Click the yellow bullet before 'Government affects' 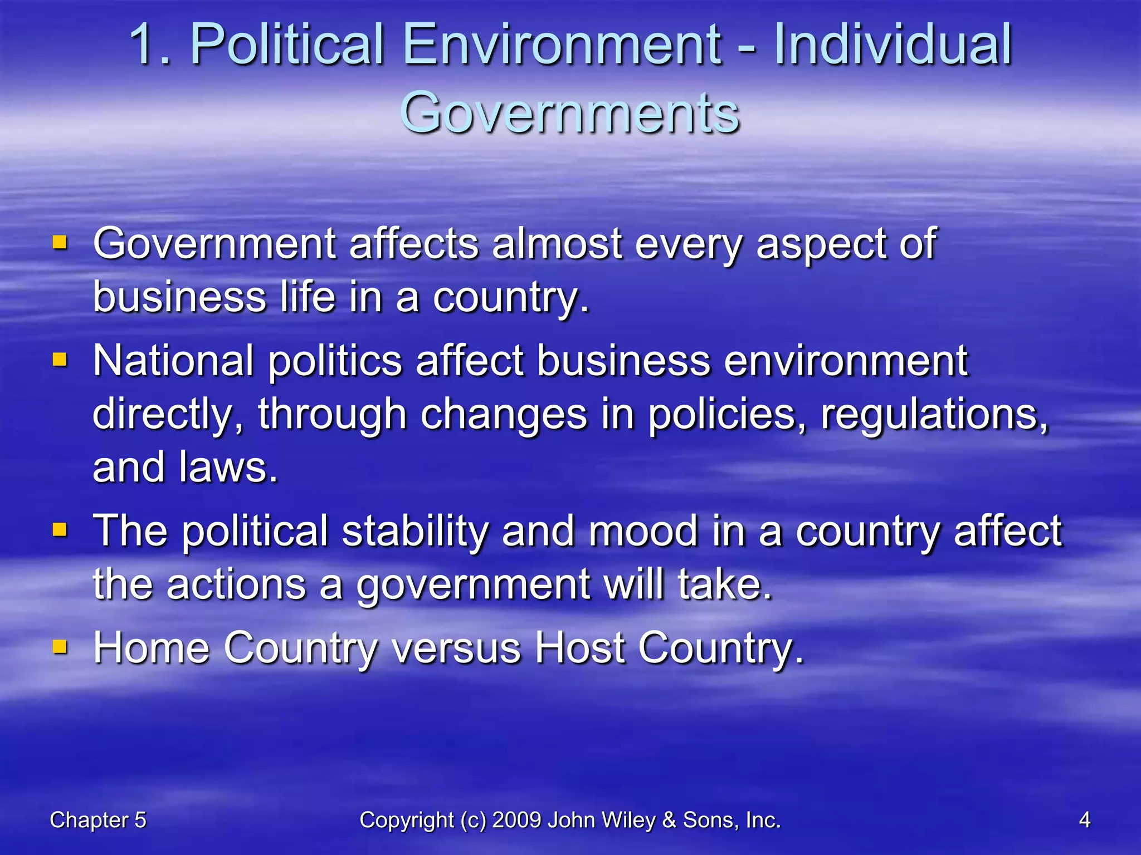tap(60, 243)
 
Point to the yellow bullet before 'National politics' tap(60, 360)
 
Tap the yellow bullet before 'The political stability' tap(60, 529)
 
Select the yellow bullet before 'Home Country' tap(60, 647)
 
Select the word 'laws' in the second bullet tap(227, 468)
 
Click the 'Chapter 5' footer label tap(97, 820)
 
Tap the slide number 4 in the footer tap(1084, 820)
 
